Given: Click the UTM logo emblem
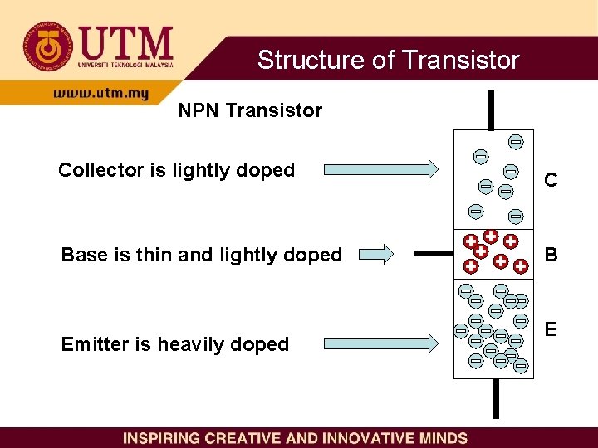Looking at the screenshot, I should [47, 46].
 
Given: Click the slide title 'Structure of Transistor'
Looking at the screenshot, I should [388, 60].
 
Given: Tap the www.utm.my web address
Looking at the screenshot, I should [100, 94].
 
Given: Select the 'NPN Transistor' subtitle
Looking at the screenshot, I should [250, 110].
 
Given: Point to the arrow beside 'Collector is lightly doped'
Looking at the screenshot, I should [380, 170].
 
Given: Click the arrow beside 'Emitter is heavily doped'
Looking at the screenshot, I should [380, 342].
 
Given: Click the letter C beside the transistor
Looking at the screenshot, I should [550, 180].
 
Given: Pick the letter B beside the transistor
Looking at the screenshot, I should [550, 254].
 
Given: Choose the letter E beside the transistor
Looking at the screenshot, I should [550, 329].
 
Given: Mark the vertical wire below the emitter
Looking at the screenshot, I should [495, 399].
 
